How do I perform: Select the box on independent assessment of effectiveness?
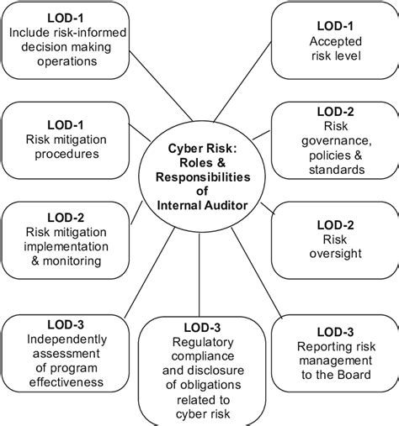tap(66, 351)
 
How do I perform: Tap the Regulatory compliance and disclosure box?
tap(199, 371)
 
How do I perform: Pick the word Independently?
tap(66, 339)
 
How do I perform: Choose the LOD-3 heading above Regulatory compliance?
tap(199, 328)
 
